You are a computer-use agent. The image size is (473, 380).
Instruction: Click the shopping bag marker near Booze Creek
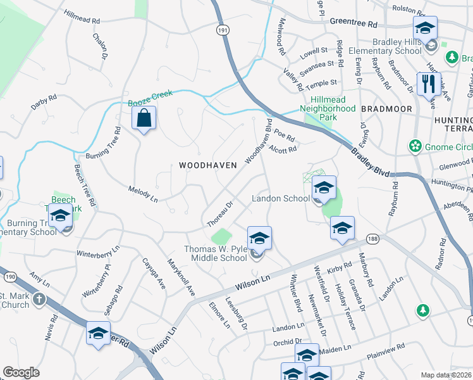pyautogui.click(x=144, y=118)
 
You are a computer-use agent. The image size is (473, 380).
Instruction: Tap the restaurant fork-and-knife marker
pyautogui.click(x=429, y=84)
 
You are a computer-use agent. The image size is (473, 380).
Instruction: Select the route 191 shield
pyautogui.click(x=221, y=30)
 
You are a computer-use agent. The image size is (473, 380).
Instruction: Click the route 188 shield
pyautogui.click(x=372, y=239)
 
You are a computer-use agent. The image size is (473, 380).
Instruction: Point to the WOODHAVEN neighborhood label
pyautogui.click(x=207, y=165)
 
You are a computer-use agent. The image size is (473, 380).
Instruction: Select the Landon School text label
pyautogui.click(x=281, y=198)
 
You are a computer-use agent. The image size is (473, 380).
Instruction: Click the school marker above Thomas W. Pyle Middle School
pyautogui.click(x=259, y=239)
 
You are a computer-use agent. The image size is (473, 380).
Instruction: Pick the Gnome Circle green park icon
pyautogui.click(x=415, y=147)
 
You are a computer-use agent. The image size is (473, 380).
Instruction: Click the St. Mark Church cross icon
pyautogui.click(x=39, y=299)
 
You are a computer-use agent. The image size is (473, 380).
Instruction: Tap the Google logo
pyautogui.click(x=21, y=372)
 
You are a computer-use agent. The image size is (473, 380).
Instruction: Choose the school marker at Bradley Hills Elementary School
pyautogui.click(x=426, y=29)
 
